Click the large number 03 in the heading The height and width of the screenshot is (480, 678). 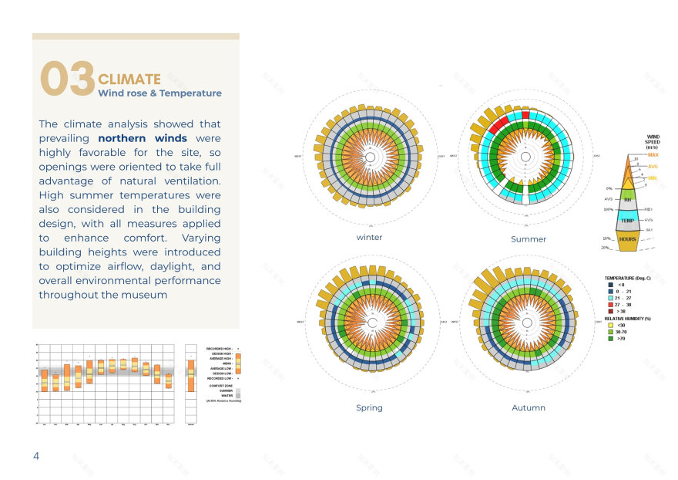pyautogui.click(x=68, y=80)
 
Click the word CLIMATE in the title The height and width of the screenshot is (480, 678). pyautogui.click(x=129, y=79)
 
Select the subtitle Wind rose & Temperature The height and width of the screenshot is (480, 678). pyautogui.click(x=159, y=93)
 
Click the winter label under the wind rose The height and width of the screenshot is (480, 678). pyautogui.click(x=369, y=238)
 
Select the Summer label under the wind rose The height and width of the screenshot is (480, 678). pyautogui.click(x=529, y=239)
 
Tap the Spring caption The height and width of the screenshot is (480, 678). pyautogui.click(x=369, y=407)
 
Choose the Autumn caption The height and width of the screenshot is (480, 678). pyautogui.click(x=529, y=407)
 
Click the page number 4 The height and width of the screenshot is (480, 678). pyautogui.click(x=35, y=456)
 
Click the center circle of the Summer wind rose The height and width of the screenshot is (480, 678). pyautogui.click(x=525, y=157)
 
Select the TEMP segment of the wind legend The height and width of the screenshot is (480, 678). pyautogui.click(x=628, y=220)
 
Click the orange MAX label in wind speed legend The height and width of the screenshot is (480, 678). pyautogui.click(x=653, y=155)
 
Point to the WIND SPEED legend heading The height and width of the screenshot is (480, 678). pyautogui.click(x=652, y=142)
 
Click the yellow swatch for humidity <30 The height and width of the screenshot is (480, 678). pyautogui.click(x=610, y=324)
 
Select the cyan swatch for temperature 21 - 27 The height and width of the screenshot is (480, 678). pyautogui.click(x=610, y=298)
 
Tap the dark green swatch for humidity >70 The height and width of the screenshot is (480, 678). pyautogui.click(x=610, y=337)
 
